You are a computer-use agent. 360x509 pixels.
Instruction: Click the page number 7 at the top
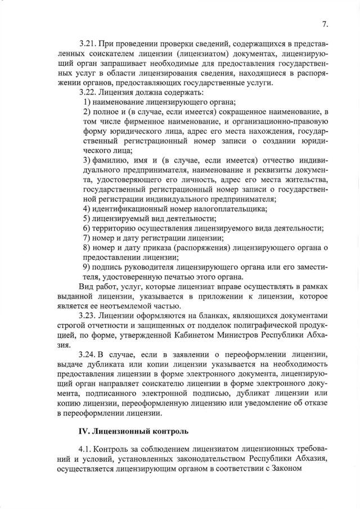click(325, 24)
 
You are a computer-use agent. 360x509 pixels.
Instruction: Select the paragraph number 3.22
click(89, 92)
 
